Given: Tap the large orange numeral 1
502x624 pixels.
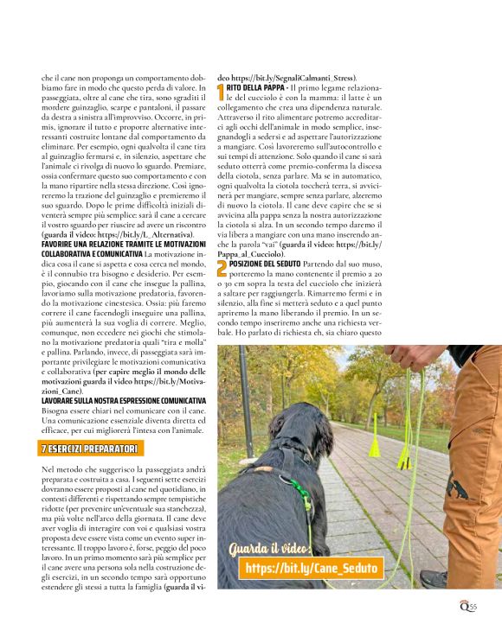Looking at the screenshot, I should pos(221,91).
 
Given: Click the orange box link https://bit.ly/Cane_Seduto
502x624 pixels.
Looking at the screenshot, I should pos(312,568).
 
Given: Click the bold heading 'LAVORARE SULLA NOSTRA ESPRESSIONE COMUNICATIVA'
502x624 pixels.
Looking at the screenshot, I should pos(124,400).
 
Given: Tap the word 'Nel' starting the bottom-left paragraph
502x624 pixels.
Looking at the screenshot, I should pos(48,468).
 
